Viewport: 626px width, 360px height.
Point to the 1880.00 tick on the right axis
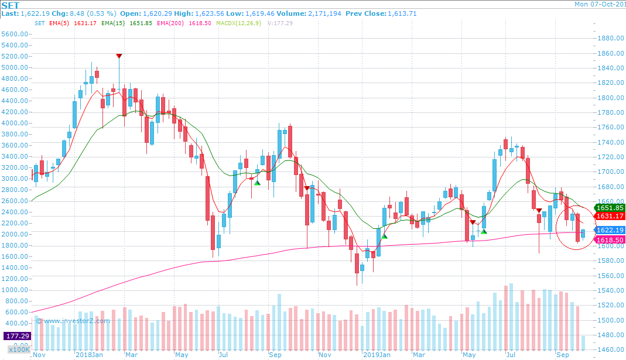(610, 39)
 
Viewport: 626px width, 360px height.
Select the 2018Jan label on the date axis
(88, 355)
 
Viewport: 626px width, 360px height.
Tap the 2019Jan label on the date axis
(376, 355)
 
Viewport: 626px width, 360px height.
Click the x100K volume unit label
(18, 349)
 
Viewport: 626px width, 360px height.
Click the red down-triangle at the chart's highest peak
(119, 56)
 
